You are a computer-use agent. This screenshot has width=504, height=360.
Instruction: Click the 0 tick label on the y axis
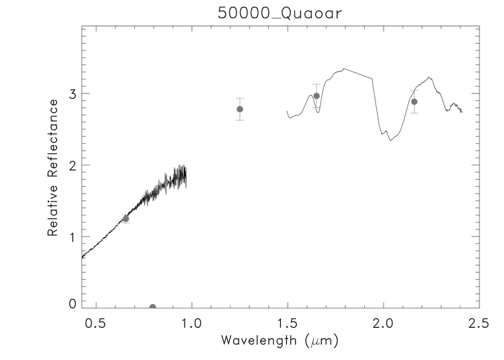72,303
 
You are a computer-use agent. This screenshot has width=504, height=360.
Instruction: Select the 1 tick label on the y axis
72,237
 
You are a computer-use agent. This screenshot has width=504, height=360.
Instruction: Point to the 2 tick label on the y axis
72,165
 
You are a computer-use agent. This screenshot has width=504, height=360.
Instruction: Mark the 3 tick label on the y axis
72,94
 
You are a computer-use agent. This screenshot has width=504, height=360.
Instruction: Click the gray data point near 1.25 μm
239,109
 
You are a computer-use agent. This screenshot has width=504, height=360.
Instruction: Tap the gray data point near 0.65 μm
125,219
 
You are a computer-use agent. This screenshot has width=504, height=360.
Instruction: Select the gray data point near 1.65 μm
316,96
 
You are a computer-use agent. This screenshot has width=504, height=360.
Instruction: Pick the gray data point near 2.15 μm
414,102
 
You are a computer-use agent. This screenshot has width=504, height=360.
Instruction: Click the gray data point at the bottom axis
152,307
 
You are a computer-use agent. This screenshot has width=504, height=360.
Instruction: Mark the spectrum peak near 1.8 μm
343,68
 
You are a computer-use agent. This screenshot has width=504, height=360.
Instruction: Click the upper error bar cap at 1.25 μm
239,98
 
